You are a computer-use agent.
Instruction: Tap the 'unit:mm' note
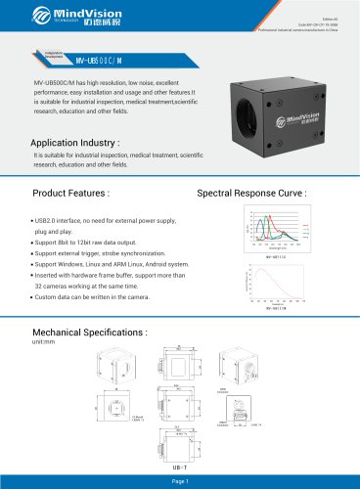click(x=46, y=343)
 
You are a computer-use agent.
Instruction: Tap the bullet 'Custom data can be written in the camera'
click(x=92, y=295)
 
